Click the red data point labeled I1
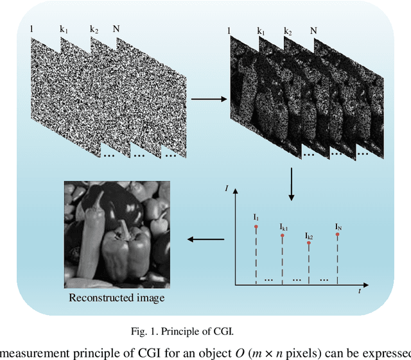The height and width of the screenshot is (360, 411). [x=256, y=227]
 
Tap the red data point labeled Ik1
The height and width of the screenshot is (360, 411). [x=283, y=235]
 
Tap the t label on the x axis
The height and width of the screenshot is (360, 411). [x=360, y=291]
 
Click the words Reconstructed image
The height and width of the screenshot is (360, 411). [x=117, y=298]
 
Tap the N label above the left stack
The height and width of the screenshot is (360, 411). [x=116, y=29]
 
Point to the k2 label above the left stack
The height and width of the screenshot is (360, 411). [x=94, y=30]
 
